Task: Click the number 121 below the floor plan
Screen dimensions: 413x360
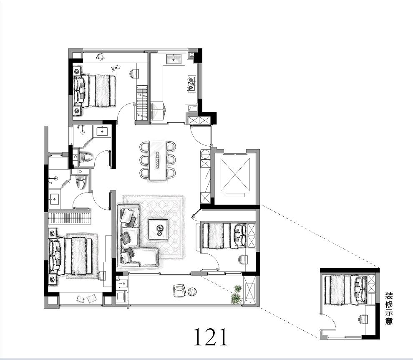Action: click(210, 337)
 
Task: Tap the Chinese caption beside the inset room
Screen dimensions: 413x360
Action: click(389, 308)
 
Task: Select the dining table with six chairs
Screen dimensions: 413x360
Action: click(158, 160)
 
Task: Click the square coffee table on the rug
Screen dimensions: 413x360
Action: click(158, 229)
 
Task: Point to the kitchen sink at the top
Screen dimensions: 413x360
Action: click(174, 59)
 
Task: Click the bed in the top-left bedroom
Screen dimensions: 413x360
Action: click(94, 91)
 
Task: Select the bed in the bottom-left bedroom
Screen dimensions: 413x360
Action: click(71, 256)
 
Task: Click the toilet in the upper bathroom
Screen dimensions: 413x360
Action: click(86, 157)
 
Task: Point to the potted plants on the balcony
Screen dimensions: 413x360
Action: click(237, 294)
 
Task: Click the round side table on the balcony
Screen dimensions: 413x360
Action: click(192, 292)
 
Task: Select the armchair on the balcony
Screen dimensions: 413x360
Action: click(179, 290)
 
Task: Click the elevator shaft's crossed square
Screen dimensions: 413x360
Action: click(235, 174)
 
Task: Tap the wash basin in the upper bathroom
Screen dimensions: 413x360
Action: click(102, 131)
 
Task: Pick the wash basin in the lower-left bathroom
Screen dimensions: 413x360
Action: click(55, 199)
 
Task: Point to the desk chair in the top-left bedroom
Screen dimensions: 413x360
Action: click(134, 74)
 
